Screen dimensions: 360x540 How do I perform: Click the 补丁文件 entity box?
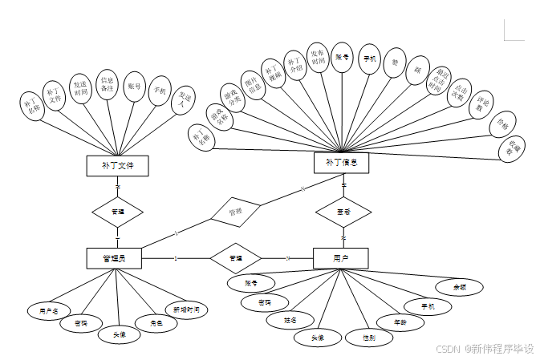tap(118, 166)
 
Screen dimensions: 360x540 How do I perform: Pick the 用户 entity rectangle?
tap(340, 258)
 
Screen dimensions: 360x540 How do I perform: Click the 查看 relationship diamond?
tap(343, 212)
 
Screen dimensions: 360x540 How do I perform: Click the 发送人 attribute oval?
tap(184, 99)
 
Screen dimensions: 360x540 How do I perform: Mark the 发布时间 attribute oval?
tap(318, 58)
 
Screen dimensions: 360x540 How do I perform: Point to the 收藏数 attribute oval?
tap(511, 148)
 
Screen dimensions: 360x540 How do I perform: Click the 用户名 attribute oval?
tap(43, 310)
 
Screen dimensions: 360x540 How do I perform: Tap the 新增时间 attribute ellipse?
tap(186, 309)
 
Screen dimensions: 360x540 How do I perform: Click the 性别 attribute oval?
tap(369, 338)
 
